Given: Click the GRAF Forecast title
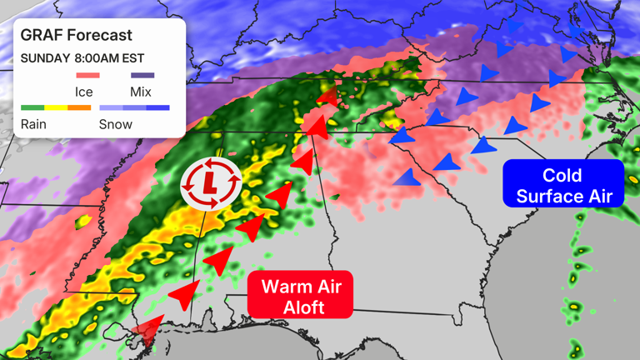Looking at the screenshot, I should [x=76, y=36].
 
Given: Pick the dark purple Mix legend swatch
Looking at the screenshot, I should [x=142, y=76].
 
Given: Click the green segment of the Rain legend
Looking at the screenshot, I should [x=32, y=108].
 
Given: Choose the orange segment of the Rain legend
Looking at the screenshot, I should [x=79, y=108].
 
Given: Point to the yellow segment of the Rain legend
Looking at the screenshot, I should [x=56, y=108].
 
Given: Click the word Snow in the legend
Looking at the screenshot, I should [x=115, y=124].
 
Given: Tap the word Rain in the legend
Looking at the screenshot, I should [x=33, y=124].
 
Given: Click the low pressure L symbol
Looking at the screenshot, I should [x=212, y=181].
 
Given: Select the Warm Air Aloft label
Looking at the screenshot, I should [x=301, y=296].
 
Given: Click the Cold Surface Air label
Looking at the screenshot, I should [x=562, y=185].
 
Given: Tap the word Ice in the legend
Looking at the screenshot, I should [x=83, y=91].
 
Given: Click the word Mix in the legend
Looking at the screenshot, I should [x=141, y=91].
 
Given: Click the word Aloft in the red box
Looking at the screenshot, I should [x=301, y=307].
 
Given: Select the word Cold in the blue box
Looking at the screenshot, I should [x=562, y=175].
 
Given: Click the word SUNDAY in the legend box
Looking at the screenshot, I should [x=43, y=58].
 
